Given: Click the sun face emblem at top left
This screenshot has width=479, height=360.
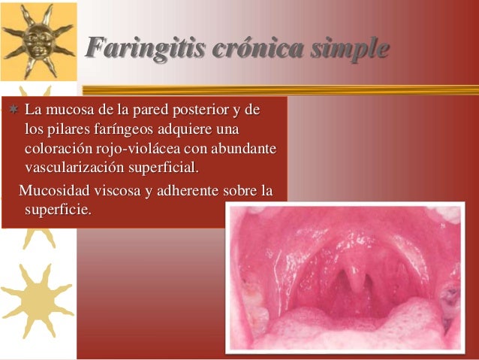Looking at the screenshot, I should tap(37, 39).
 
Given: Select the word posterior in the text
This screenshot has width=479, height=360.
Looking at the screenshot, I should tap(203, 111).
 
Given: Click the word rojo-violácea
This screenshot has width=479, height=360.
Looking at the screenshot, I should tap(138, 148).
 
